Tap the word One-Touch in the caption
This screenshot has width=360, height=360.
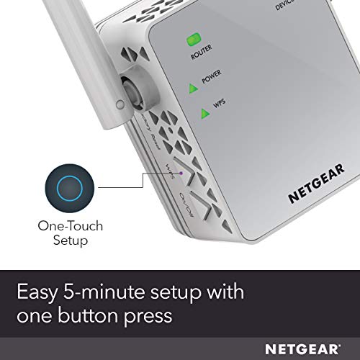(71, 225)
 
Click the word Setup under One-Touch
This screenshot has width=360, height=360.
(71, 240)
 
